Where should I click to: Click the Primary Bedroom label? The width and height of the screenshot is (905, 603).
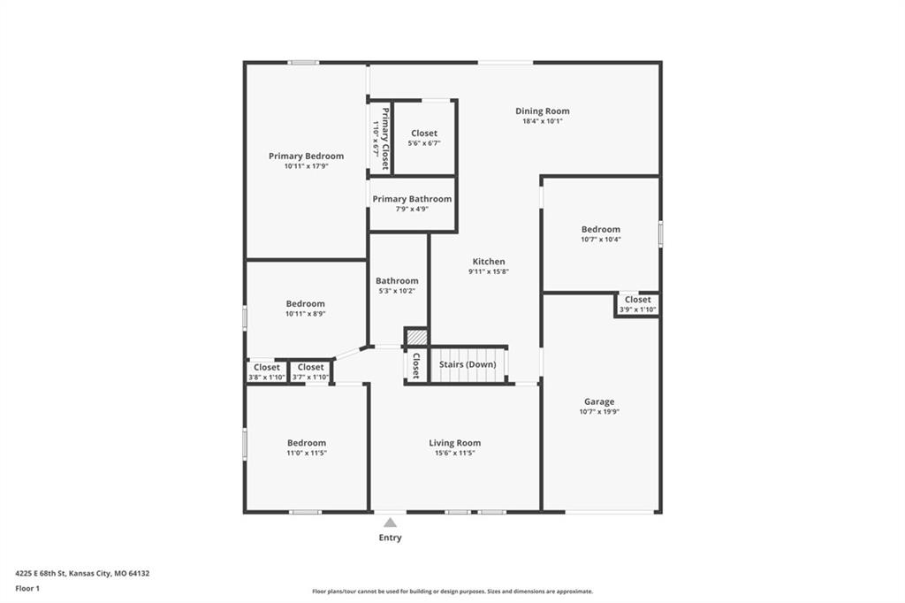click(306, 156)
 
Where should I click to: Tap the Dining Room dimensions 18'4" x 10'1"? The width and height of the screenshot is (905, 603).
click(542, 121)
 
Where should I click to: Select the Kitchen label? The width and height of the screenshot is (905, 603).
click(489, 262)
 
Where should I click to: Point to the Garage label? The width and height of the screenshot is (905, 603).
click(599, 402)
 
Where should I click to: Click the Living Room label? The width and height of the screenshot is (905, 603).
click(455, 443)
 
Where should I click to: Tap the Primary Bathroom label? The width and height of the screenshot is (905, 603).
click(412, 199)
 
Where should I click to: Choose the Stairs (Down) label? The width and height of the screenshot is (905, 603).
click(468, 364)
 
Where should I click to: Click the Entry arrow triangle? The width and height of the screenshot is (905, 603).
click(390, 523)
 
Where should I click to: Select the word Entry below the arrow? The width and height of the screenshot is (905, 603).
click(390, 538)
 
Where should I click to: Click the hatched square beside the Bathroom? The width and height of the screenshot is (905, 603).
click(417, 337)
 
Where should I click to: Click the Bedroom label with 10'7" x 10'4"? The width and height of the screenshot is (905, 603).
click(601, 229)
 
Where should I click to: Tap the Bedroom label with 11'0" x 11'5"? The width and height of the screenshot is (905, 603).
click(307, 443)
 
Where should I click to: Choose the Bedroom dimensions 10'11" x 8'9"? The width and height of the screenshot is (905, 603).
click(305, 314)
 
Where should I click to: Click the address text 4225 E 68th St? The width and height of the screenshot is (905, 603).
click(41, 574)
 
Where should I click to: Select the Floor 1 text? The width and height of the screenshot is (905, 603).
click(27, 589)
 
